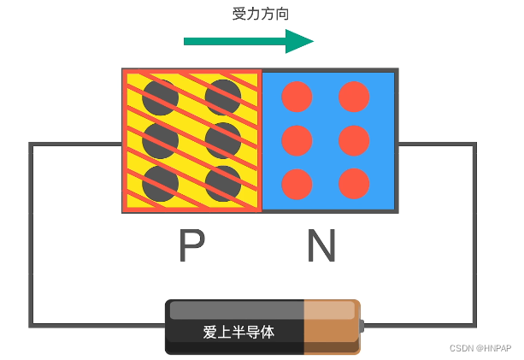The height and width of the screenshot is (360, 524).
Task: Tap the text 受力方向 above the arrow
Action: tap(255, 14)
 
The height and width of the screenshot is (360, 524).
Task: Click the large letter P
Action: tap(191, 247)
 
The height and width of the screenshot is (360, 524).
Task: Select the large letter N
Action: tap(321, 247)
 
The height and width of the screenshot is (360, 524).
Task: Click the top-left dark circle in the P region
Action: tap(160, 97)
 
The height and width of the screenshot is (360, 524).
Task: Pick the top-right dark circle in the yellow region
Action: tap(223, 97)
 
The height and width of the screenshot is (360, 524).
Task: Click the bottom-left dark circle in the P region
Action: tap(160, 182)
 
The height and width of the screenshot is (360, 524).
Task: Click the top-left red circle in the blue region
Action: tap(297, 97)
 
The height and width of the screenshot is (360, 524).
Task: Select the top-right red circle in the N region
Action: tap(354, 97)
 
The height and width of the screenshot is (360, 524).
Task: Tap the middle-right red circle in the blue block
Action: tap(354, 140)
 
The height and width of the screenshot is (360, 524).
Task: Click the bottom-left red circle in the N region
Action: tap(297, 184)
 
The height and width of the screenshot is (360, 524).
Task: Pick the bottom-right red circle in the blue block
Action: tap(354, 184)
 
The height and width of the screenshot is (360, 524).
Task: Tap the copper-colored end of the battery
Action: tap(332, 326)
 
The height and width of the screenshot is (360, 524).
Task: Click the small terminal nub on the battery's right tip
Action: tap(362, 326)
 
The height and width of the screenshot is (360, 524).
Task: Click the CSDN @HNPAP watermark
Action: tap(480, 349)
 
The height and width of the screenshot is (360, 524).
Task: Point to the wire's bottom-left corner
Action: tap(32, 325)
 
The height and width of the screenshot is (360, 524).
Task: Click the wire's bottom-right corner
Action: tap(474, 325)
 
